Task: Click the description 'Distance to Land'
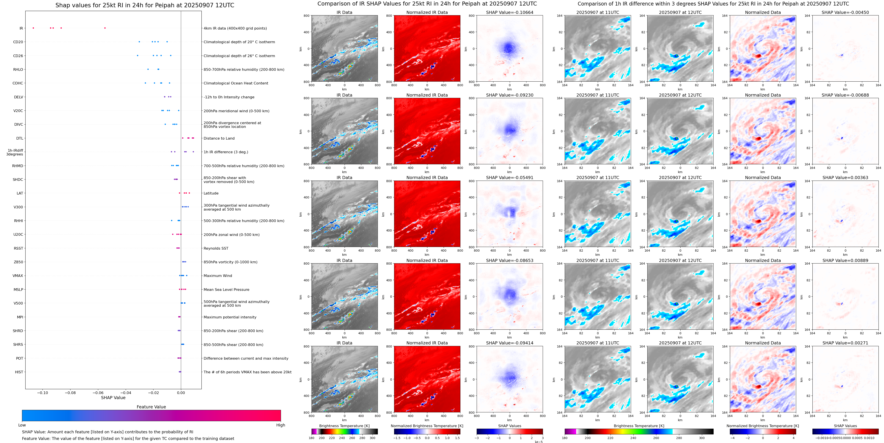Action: click(x=219, y=138)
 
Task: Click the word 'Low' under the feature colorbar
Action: click(x=22, y=425)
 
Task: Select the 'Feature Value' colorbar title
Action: click(x=151, y=407)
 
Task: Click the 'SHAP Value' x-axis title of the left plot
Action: click(x=113, y=398)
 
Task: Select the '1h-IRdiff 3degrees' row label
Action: click(x=15, y=152)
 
